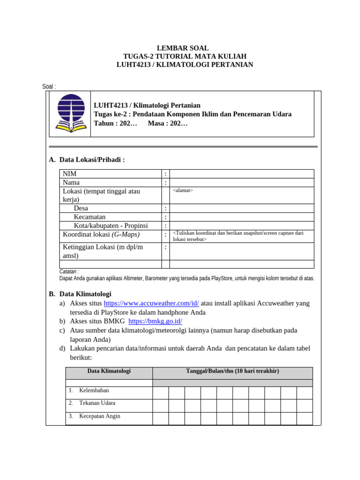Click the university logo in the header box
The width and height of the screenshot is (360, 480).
coord(71,113)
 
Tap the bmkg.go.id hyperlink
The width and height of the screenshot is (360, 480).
coord(155,321)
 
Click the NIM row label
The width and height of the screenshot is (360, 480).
coord(70,174)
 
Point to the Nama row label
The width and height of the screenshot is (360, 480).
coord(71,182)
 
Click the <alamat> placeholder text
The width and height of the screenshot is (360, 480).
coord(183,190)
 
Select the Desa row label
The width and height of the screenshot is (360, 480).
coord(81,208)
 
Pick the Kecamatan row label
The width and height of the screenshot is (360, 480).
coord(90,217)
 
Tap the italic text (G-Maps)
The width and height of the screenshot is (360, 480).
coord(125,234)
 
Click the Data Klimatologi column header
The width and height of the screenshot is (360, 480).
coord(109,371)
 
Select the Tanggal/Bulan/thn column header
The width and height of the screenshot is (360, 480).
coord(232,371)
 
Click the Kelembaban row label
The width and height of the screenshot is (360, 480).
coord(94,390)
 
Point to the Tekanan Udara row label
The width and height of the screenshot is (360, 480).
coord(97,403)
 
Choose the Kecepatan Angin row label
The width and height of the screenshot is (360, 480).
coord(99,416)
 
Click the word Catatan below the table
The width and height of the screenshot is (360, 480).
coord(68,271)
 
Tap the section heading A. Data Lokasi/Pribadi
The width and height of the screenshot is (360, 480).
coord(87,160)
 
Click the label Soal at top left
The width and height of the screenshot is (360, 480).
coord(48,87)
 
